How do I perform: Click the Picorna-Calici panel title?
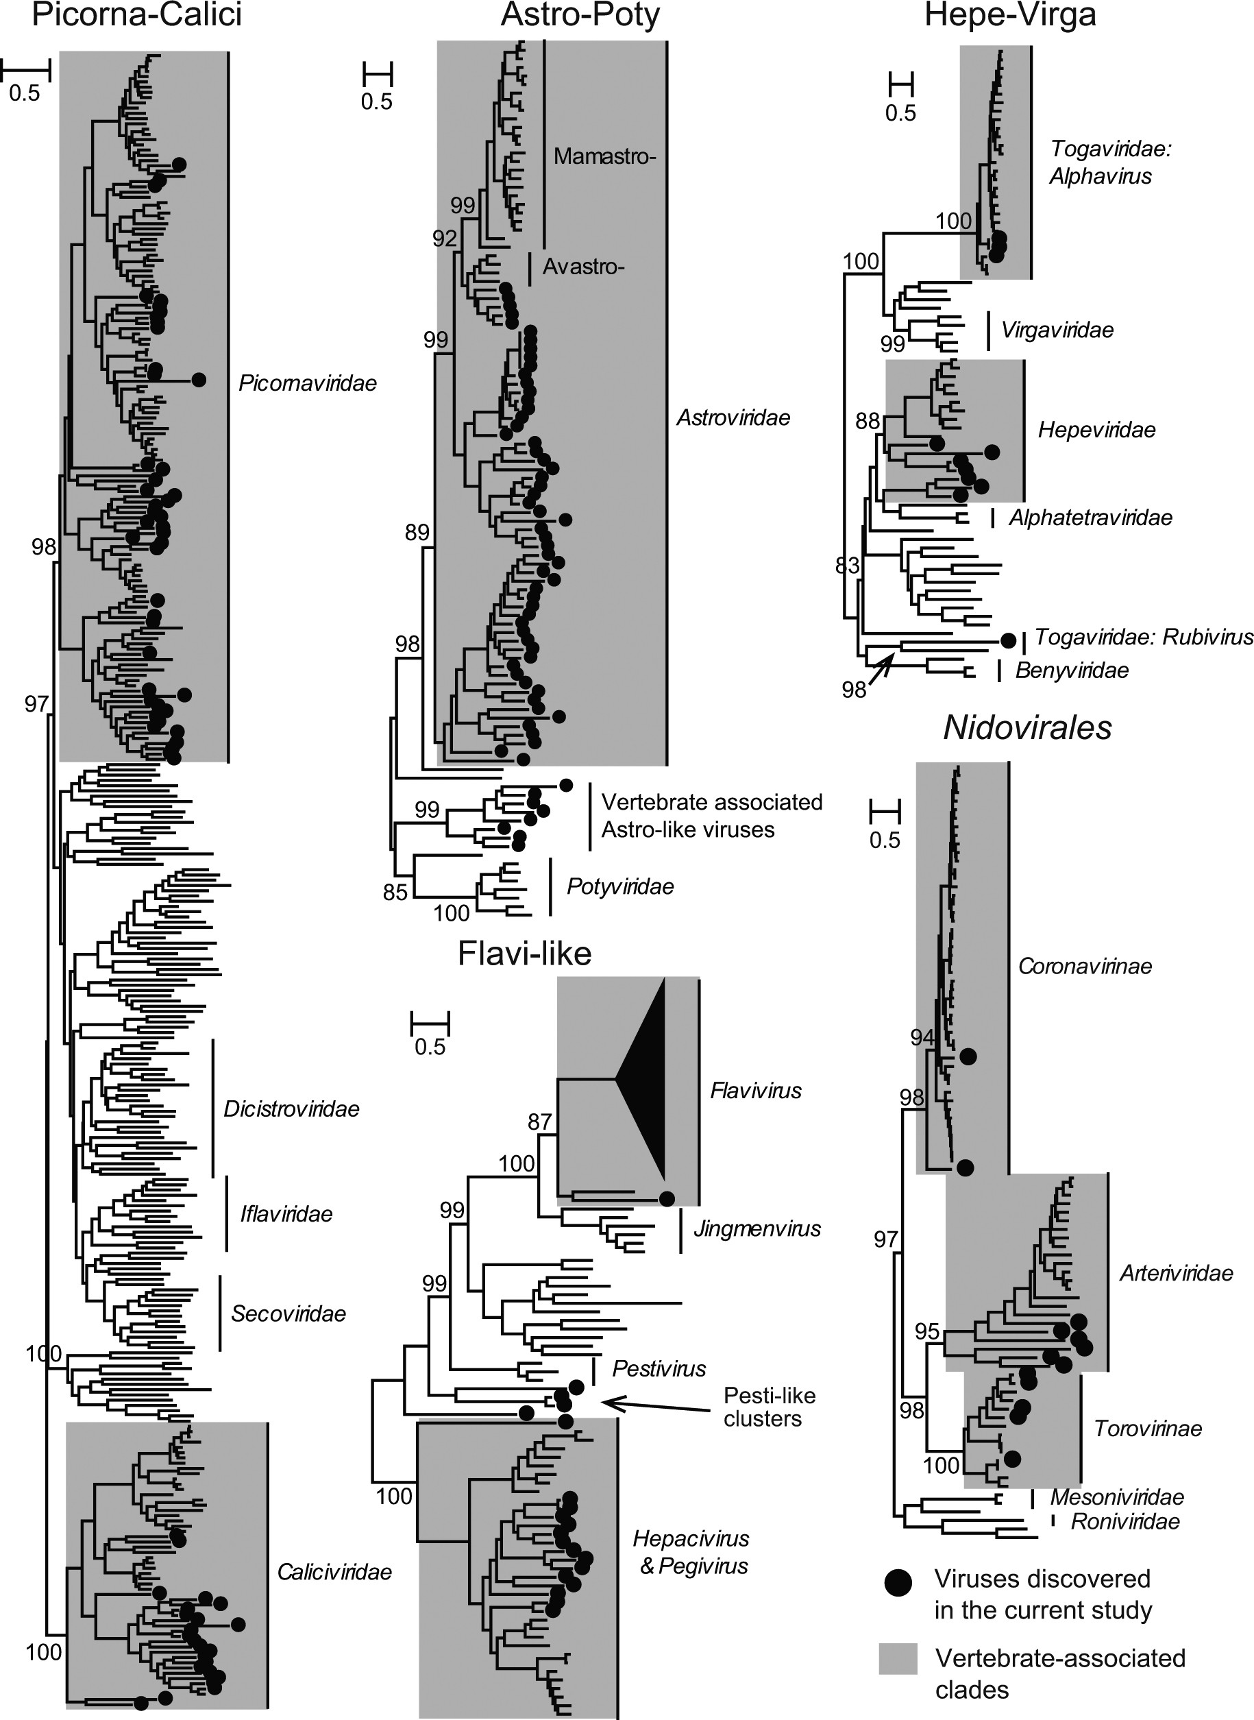[x=136, y=15]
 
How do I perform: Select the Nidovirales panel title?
[x=1027, y=728]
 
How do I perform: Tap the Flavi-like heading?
[x=524, y=954]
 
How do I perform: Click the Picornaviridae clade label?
[x=308, y=383]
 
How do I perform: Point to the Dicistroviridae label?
[x=291, y=1109]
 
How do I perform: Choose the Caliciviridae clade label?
[x=334, y=1571]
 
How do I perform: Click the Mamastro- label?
[x=604, y=156]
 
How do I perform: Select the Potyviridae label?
[x=620, y=887]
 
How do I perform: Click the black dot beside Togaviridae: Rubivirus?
[x=1008, y=640]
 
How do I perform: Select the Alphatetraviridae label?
[x=1090, y=518]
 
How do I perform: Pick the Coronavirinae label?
[x=1085, y=967]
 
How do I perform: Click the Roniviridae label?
[x=1125, y=1521]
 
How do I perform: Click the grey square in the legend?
[x=898, y=1660]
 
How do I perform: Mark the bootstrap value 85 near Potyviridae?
[x=395, y=893]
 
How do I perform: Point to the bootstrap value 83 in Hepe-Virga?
[x=847, y=565]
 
